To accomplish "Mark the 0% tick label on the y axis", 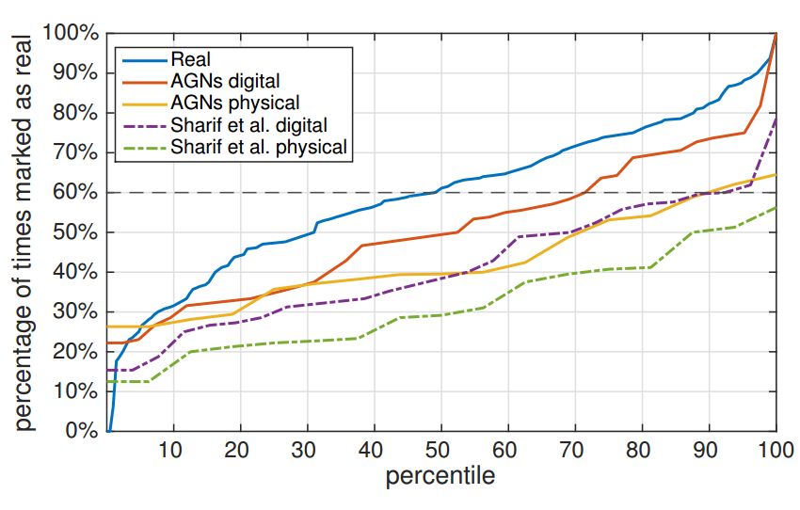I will pyautogui.click(x=81, y=432).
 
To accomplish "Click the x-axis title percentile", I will pyautogui.click(x=440, y=477).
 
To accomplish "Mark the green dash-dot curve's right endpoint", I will pyautogui.click(x=776, y=208).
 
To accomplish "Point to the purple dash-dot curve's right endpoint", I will pyautogui.click(x=776, y=117).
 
